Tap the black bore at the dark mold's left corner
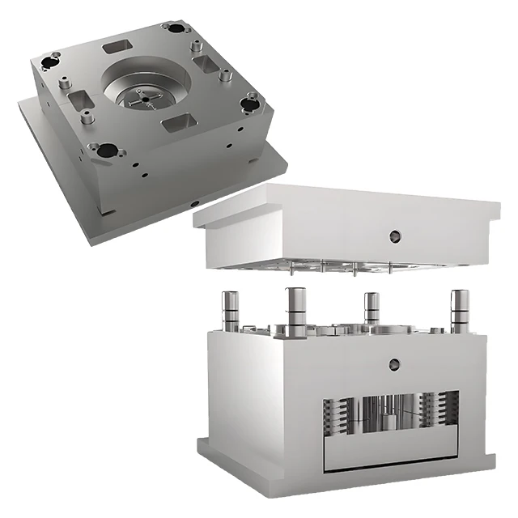click(x=51, y=58)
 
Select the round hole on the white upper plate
click(x=395, y=236)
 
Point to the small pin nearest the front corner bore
click(x=87, y=118)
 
